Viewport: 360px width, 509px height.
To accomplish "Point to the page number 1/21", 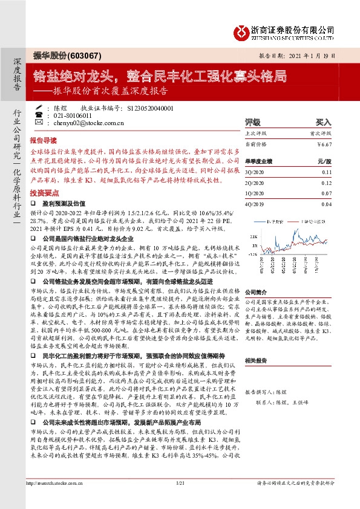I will pyautogui.click(x=179, y=501).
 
